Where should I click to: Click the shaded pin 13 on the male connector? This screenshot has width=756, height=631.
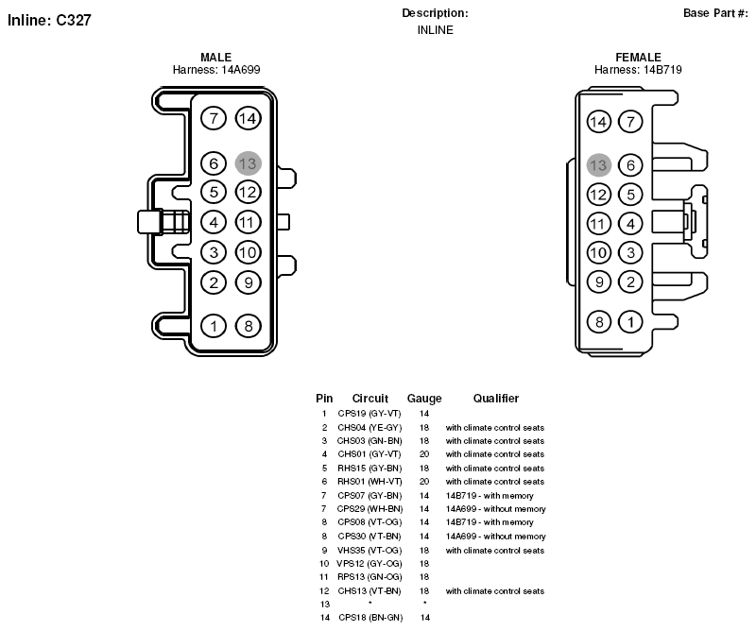pos(249,163)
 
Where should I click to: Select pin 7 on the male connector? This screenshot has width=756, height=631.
pos(214,118)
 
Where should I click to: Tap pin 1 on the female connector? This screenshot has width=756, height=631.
pos(630,322)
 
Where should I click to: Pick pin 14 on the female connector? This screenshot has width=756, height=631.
pos(599,122)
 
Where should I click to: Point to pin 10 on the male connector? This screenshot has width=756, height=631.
pos(249,252)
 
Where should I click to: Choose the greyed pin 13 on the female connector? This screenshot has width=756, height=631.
pos(599,165)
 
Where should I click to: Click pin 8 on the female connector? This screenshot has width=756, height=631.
pos(599,322)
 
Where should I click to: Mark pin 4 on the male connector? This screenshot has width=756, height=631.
pos(214,222)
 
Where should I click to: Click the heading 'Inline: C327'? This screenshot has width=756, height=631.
pos(49,20)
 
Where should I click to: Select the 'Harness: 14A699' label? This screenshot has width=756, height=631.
pos(216,70)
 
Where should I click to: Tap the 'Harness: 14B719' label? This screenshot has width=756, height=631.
pos(638,70)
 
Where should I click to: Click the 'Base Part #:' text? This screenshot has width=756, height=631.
pos(716,13)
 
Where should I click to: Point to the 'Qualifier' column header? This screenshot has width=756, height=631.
pos(495,399)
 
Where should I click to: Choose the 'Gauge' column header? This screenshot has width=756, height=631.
pos(424,399)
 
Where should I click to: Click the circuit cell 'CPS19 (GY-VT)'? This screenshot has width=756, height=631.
pos(369,414)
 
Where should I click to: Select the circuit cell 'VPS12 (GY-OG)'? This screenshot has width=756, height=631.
pos(369,564)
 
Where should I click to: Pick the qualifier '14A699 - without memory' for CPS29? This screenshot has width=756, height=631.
pos(495,509)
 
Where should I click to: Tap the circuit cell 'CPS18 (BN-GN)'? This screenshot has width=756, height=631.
pos(370,618)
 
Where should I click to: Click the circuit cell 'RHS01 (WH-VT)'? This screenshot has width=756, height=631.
pos(369,482)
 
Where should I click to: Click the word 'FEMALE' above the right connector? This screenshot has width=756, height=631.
pos(639,58)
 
